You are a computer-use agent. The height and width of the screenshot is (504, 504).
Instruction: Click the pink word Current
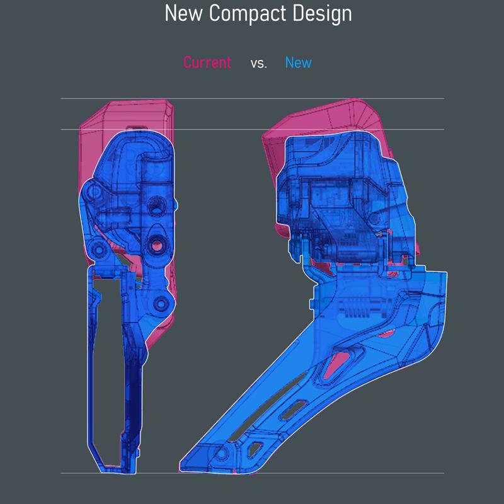tap(207, 62)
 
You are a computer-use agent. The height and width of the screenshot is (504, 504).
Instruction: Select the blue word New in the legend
tap(298, 62)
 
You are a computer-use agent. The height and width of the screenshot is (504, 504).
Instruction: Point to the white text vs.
tap(259, 64)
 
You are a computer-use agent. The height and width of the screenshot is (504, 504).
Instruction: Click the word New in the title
tap(183, 13)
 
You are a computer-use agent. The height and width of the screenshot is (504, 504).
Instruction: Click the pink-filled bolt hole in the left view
tap(157, 246)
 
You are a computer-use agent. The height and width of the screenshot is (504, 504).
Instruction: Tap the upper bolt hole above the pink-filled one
tap(156, 206)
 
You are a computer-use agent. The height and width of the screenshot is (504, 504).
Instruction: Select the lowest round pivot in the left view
tap(161, 303)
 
